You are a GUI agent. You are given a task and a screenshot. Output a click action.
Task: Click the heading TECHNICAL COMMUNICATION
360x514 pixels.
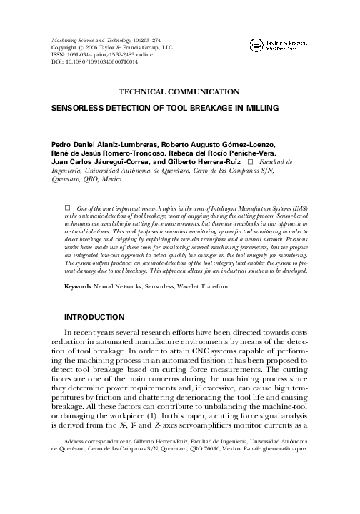(179, 91)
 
